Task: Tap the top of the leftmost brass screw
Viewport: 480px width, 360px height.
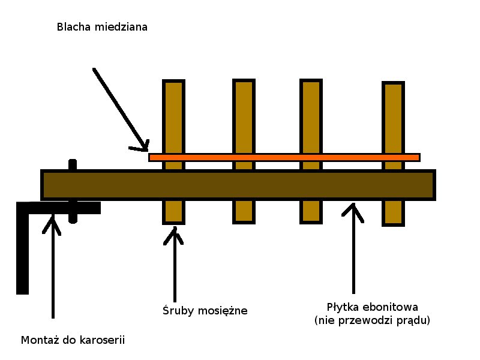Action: click(x=173, y=84)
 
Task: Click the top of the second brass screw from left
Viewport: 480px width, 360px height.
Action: click(x=244, y=84)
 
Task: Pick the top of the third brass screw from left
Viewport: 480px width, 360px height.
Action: click(x=311, y=84)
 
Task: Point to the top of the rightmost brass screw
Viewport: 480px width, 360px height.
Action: click(x=393, y=87)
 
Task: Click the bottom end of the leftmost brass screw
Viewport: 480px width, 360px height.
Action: click(x=173, y=220)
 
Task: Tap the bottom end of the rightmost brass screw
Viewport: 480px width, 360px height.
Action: click(x=393, y=221)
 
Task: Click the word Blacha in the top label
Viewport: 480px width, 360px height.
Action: click(x=73, y=27)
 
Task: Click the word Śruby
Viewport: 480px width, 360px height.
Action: click(x=176, y=311)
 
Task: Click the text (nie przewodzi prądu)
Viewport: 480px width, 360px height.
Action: click(x=372, y=321)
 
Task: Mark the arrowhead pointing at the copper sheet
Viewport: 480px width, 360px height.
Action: click(x=143, y=146)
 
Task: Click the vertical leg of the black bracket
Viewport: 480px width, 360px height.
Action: click(x=23, y=252)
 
